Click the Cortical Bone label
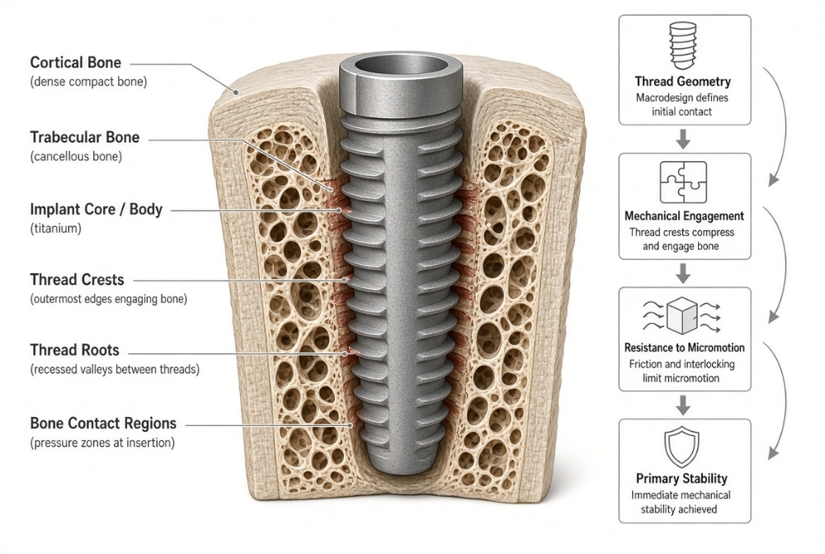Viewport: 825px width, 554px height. [x=75, y=63]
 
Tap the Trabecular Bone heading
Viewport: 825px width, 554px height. [x=85, y=137]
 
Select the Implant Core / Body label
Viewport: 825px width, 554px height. [x=97, y=210]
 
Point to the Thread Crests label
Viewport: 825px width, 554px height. [x=77, y=280]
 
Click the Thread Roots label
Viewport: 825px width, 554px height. [x=75, y=350]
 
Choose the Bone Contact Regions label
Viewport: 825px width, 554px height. [x=103, y=424]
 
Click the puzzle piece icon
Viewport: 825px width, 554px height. [x=683, y=182]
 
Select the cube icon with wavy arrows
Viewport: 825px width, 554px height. [x=682, y=316]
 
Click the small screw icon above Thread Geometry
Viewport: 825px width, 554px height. [x=682, y=45]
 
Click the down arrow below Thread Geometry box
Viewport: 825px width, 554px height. [x=683, y=139]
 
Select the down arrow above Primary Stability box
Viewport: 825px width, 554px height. [x=683, y=405]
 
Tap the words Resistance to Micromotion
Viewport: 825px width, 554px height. [x=685, y=348]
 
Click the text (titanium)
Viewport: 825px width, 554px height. [x=56, y=229]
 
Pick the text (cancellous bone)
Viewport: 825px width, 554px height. [x=76, y=156]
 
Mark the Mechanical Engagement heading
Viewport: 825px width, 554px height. [x=684, y=216]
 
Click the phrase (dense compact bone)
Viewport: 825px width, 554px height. [x=88, y=83]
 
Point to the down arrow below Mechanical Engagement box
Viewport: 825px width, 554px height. [x=683, y=273]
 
